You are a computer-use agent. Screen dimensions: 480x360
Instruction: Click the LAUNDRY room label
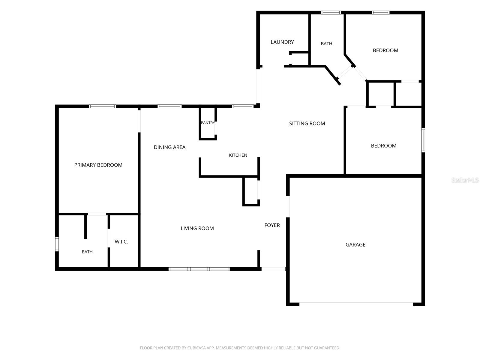(282, 42)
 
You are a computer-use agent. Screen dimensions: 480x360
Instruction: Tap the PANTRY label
(208, 123)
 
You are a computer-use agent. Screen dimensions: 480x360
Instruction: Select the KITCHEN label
(238, 155)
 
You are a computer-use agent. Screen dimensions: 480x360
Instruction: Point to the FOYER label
(272, 225)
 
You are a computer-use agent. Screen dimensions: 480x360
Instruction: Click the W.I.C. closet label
(121, 241)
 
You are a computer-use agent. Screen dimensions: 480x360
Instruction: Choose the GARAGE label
(355, 244)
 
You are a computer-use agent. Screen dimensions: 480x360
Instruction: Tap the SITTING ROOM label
(307, 124)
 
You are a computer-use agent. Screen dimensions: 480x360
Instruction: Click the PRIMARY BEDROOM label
(98, 165)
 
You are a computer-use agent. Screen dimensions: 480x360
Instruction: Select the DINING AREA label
(169, 147)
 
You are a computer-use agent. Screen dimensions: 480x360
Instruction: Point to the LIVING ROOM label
(197, 228)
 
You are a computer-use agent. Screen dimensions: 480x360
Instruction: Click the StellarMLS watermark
(465, 180)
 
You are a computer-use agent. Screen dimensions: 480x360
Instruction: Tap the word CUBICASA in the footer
(195, 348)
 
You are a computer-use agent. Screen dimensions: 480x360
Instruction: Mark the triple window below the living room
(199, 269)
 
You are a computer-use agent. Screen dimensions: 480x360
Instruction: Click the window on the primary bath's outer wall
(57, 244)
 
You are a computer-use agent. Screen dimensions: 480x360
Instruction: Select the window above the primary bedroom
(102, 106)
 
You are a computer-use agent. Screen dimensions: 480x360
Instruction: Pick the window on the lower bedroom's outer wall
(423, 140)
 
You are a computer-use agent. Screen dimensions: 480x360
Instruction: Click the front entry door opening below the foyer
(274, 269)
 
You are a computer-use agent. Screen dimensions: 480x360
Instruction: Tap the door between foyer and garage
(288, 207)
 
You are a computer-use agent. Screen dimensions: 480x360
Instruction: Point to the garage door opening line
(356, 303)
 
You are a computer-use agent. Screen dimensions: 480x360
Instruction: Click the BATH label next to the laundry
(326, 44)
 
